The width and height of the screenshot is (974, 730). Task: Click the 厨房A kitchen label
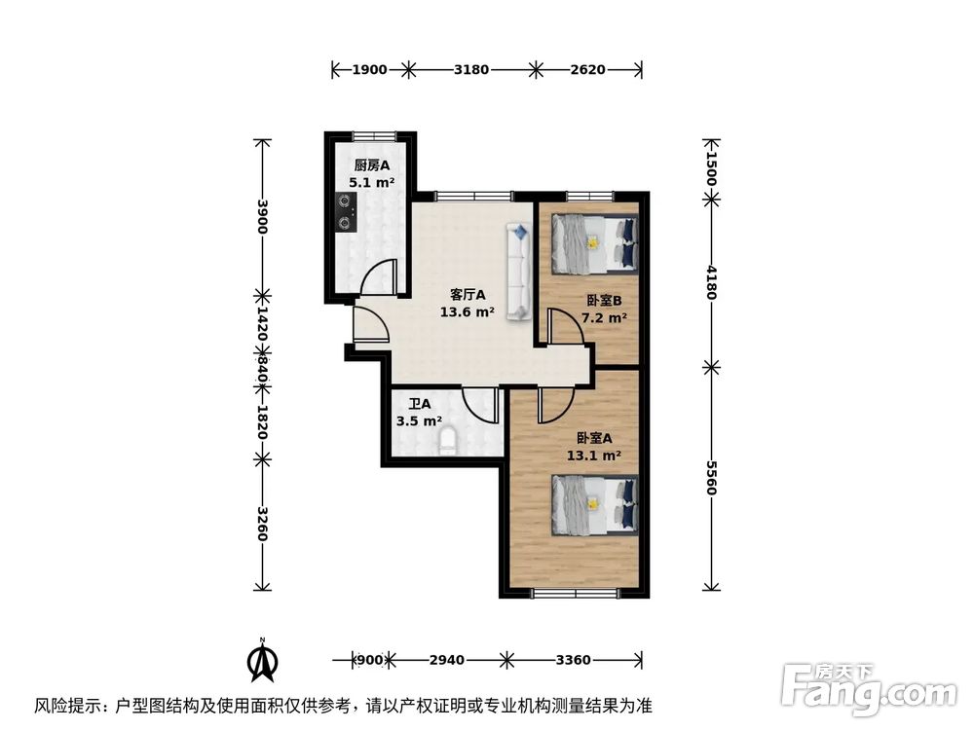click(x=371, y=164)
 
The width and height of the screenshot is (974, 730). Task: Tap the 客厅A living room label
click(x=468, y=294)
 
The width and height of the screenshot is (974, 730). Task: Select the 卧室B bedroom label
click(x=604, y=301)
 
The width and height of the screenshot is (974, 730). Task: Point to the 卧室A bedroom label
click(x=594, y=438)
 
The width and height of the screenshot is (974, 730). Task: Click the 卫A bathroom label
click(x=420, y=404)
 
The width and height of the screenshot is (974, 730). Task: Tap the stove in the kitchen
click(x=345, y=212)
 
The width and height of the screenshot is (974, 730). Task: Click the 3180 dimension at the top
click(x=471, y=69)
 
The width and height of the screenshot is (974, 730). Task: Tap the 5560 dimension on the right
click(x=712, y=477)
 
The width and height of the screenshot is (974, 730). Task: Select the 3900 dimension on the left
click(x=261, y=216)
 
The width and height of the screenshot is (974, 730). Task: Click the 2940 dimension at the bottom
click(x=446, y=660)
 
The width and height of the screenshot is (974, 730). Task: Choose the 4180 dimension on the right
click(x=712, y=283)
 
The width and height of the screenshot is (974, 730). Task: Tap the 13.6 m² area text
click(x=468, y=312)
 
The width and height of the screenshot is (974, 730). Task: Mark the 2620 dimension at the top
click(x=587, y=69)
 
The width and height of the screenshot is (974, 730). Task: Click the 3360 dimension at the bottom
click(x=573, y=660)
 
